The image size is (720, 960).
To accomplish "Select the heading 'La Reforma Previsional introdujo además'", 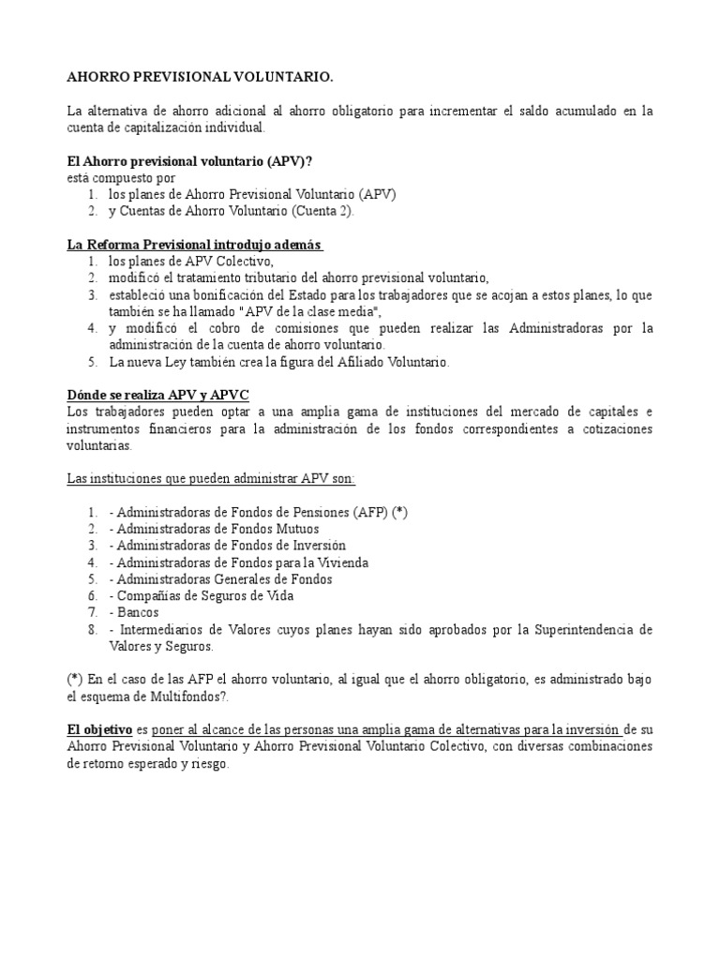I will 195,245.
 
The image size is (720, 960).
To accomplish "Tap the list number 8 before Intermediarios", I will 92,629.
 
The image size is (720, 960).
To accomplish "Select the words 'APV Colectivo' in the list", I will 227,262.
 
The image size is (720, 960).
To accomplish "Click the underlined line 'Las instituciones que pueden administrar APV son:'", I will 211,479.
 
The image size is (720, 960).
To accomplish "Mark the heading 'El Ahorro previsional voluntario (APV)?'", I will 189,160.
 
